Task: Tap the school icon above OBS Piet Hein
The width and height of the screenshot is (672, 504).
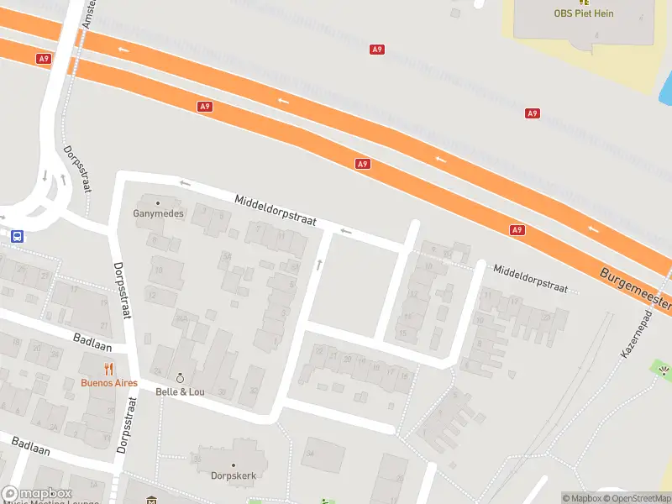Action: (584, 2)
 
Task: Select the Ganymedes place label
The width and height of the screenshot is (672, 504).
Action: (158, 213)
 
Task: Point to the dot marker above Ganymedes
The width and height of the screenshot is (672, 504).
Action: (158, 202)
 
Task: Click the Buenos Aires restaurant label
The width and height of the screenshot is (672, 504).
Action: (109, 383)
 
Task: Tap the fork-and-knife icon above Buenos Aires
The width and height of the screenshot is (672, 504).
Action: (109, 369)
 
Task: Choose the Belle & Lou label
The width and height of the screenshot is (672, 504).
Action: (179, 391)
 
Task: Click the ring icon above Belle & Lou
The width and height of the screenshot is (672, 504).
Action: (179, 378)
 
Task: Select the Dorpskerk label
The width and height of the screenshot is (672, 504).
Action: (233, 475)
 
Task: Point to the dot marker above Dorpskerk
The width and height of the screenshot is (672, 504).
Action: (233, 465)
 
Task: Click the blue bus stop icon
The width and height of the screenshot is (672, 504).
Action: (17, 237)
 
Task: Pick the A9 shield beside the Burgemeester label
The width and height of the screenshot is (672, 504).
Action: (517, 229)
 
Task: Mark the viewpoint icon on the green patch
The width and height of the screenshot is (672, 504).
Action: (663, 370)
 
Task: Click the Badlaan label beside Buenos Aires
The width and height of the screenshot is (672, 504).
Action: (87, 342)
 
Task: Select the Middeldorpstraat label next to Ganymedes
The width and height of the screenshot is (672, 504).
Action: (275, 210)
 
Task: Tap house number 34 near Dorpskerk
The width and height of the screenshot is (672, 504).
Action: (310, 454)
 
